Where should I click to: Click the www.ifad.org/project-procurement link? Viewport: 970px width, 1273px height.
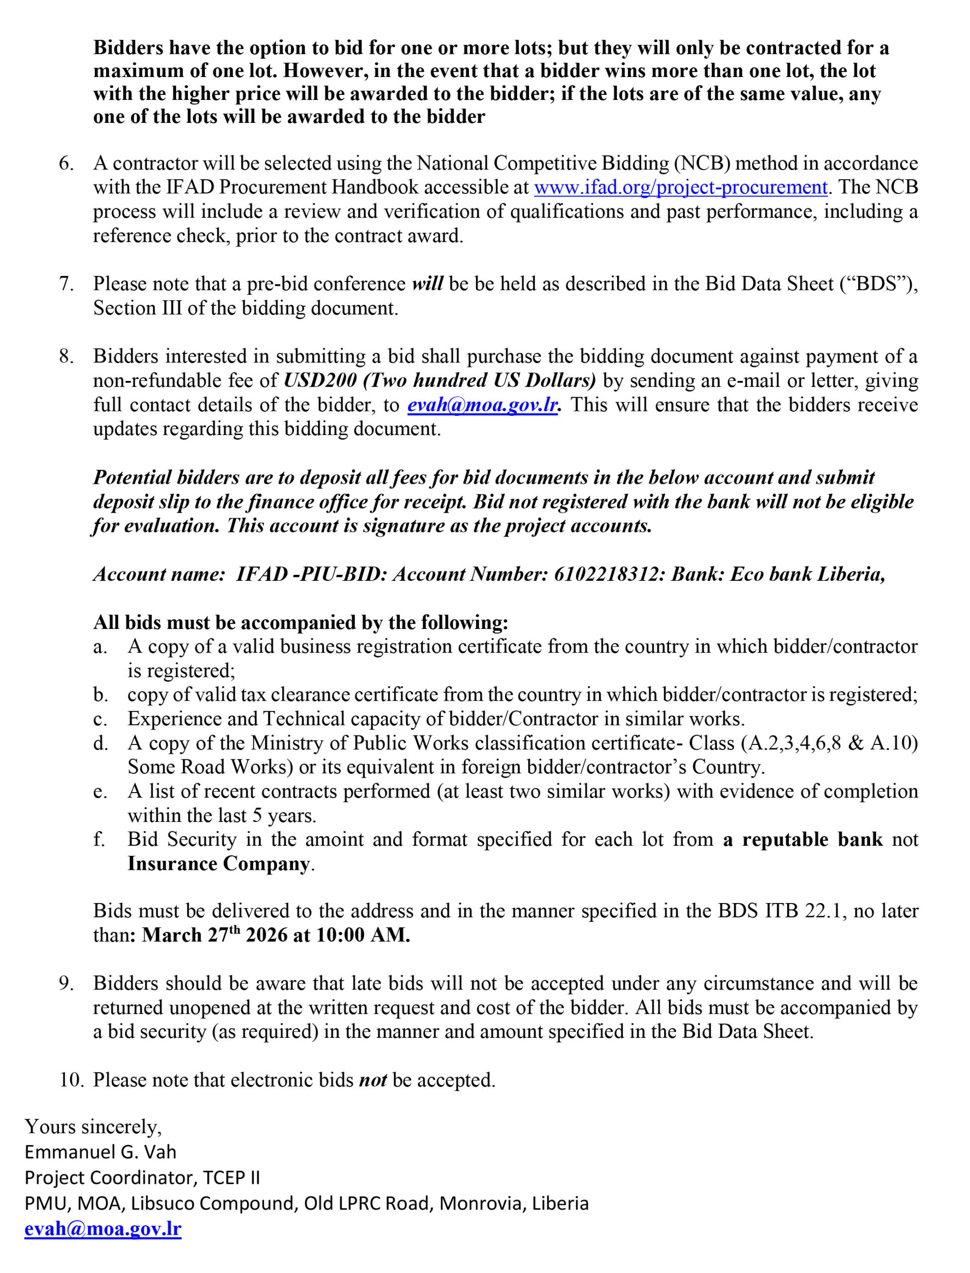click(x=680, y=187)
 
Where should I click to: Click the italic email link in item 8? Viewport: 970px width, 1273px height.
click(x=483, y=405)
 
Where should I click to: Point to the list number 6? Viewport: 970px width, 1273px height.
click(x=67, y=164)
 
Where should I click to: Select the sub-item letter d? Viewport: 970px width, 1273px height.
click(x=100, y=743)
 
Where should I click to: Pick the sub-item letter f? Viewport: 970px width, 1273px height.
click(x=100, y=839)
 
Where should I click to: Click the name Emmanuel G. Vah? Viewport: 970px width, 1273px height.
click(x=100, y=1152)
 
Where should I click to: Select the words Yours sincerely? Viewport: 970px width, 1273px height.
click(x=93, y=1126)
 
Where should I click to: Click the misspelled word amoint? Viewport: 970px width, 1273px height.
click(x=334, y=839)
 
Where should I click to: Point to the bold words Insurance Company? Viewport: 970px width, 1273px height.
click(x=219, y=864)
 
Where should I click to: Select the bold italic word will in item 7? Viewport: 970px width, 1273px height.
click(x=427, y=284)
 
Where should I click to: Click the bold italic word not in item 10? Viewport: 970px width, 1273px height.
click(x=373, y=1080)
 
